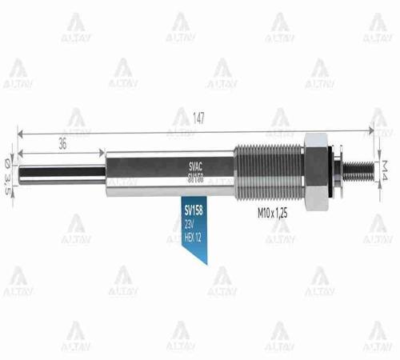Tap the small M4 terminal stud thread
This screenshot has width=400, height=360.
pyautogui.click(x=361, y=168)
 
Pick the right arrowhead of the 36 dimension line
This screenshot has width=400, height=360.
pyautogui.click(x=102, y=152)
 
